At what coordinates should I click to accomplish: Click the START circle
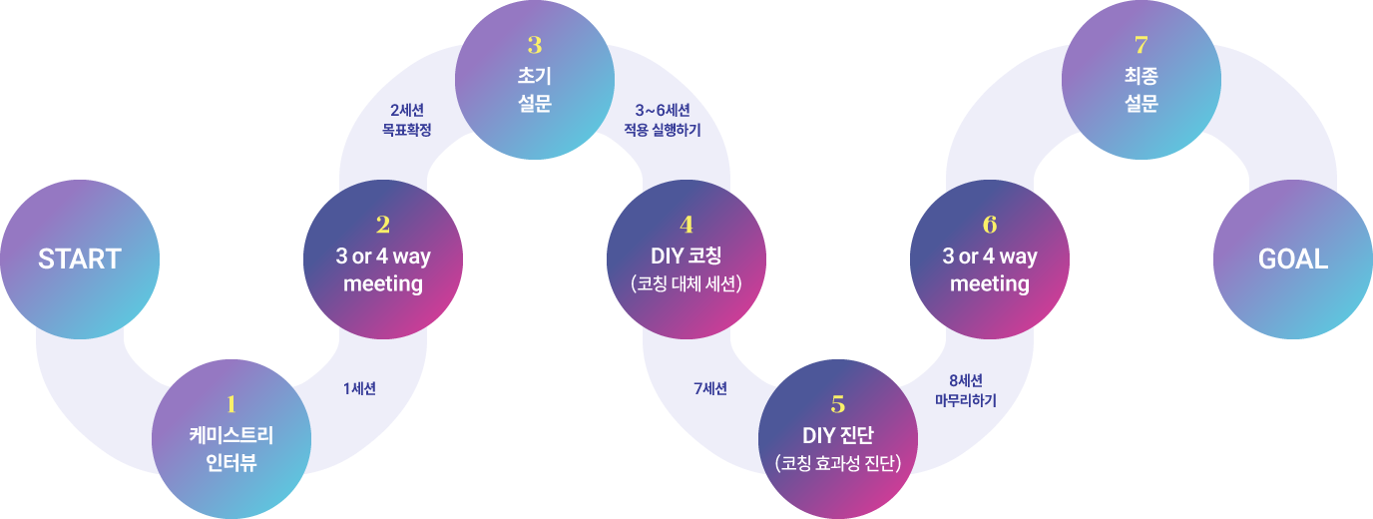(x=80, y=259)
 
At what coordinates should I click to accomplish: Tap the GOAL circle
(x=1293, y=259)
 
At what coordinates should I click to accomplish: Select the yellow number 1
(x=231, y=404)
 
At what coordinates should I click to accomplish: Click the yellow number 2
(x=383, y=225)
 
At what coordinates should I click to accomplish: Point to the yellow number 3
(x=535, y=45)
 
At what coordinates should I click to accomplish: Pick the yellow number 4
(x=686, y=225)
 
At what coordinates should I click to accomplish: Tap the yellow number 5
(x=838, y=404)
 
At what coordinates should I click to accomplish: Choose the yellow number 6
(x=990, y=225)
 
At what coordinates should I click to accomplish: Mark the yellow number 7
(x=1141, y=45)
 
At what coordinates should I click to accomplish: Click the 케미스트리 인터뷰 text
(x=231, y=449)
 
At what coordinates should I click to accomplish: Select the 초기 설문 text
(x=535, y=90)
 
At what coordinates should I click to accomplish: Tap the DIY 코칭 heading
(x=686, y=257)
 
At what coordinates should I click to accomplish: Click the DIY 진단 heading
(x=838, y=436)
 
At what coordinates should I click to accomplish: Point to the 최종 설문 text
(x=1142, y=90)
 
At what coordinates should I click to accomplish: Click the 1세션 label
(x=360, y=389)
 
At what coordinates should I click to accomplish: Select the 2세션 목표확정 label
(x=407, y=120)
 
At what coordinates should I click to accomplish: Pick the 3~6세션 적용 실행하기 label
(x=663, y=120)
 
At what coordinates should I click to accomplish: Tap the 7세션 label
(x=710, y=389)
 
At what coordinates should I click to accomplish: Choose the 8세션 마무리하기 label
(x=966, y=391)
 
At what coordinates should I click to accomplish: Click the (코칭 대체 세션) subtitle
(x=686, y=284)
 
